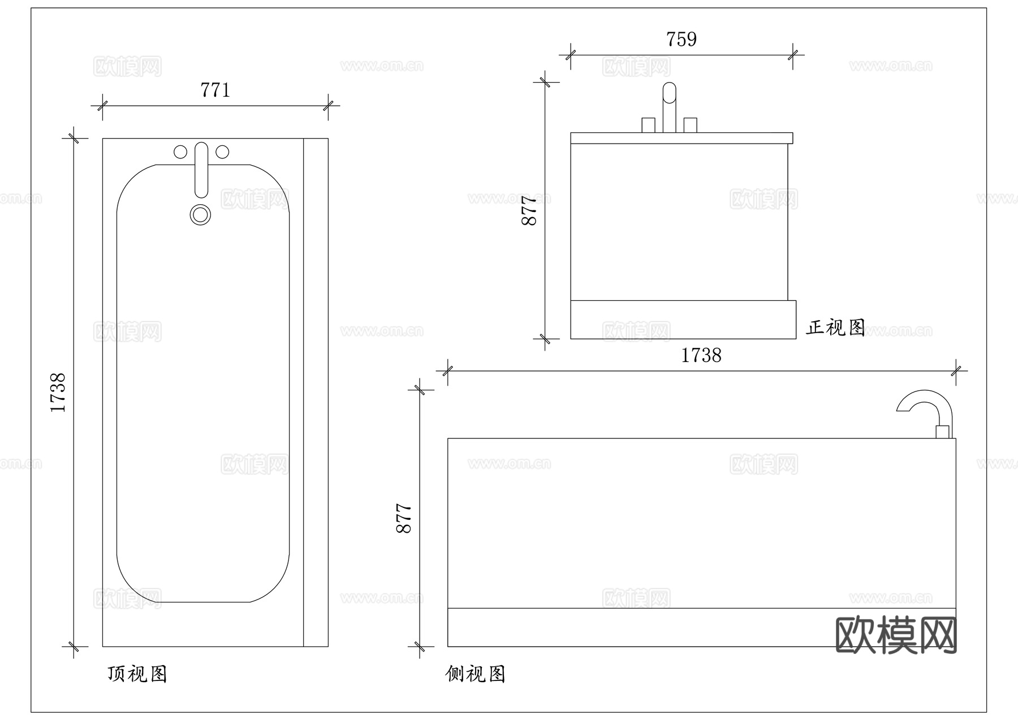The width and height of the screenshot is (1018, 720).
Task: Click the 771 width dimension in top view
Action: click(x=215, y=90)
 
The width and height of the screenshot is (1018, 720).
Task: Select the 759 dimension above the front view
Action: click(x=681, y=40)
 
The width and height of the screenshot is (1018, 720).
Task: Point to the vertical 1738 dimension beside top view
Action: click(x=58, y=392)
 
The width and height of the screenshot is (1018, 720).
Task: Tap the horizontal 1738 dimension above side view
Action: click(x=701, y=356)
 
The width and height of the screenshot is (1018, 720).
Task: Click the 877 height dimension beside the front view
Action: click(x=529, y=210)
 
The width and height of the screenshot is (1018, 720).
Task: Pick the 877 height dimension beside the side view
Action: click(x=404, y=518)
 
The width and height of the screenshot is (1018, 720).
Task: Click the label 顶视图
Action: click(x=137, y=674)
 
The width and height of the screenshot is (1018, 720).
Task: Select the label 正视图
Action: click(x=835, y=327)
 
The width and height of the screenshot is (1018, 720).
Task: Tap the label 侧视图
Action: click(x=475, y=674)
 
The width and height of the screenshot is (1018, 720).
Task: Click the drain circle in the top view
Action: click(x=200, y=215)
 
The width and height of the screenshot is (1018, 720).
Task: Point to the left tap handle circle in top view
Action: click(x=180, y=152)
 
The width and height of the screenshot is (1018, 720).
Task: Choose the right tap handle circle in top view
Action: click(x=223, y=152)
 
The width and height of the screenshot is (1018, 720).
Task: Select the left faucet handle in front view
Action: click(x=648, y=125)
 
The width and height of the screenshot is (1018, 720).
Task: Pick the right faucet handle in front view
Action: click(x=690, y=125)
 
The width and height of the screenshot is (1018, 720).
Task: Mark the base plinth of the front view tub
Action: click(x=683, y=320)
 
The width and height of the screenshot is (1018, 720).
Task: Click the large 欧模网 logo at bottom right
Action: click(x=896, y=635)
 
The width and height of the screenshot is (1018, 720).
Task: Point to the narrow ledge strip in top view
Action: click(x=316, y=392)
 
